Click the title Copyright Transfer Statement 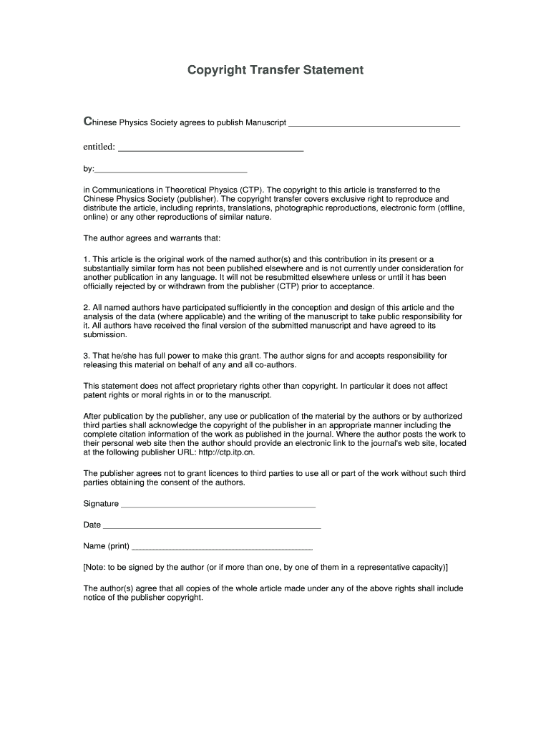click(275, 70)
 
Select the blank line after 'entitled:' click(210, 149)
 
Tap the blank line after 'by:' click(171, 171)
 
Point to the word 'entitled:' click(99, 147)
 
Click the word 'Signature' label click(101, 504)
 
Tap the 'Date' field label click(92, 525)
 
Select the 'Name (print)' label click(107, 547)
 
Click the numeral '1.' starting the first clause click(87, 259)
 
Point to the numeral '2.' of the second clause click(87, 308)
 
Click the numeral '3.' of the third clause click(87, 356)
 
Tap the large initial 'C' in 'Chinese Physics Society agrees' click(88, 122)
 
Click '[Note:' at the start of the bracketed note click(95, 567)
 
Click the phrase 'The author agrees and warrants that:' click(152, 238)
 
